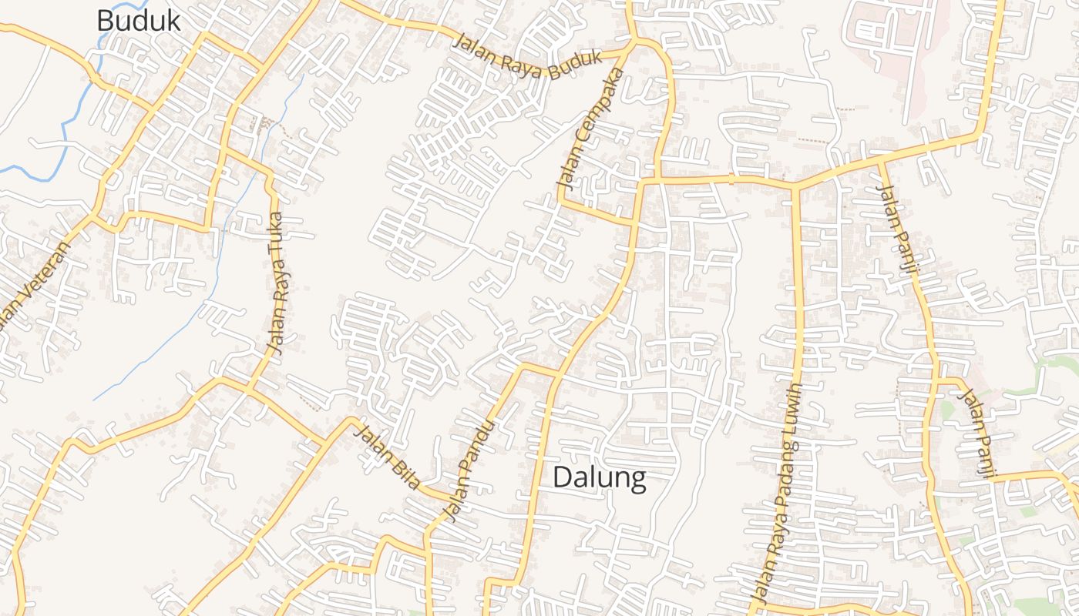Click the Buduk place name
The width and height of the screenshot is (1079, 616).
[x=139, y=20]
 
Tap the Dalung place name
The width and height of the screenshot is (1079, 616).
[x=600, y=478]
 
